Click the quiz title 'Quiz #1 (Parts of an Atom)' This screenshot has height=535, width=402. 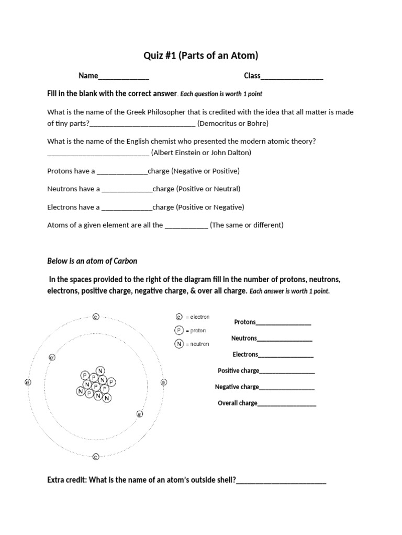pyautogui.click(x=201, y=55)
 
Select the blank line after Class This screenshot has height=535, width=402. pyautogui.click(x=292, y=77)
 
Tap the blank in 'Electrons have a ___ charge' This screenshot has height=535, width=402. pyautogui.click(x=127, y=207)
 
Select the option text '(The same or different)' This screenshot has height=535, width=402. pyautogui.click(x=247, y=225)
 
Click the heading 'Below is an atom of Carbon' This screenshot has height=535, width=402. pyautogui.click(x=92, y=261)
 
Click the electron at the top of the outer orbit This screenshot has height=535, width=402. pyautogui.click(x=95, y=316)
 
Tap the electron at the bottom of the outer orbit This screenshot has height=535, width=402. pyautogui.click(x=95, y=456)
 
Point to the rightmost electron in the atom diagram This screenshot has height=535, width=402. pyautogui.click(x=163, y=382)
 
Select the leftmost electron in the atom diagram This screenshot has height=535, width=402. pyautogui.click(x=28, y=382)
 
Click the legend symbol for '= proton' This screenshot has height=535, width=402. pyautogui.click(x=179, y=330)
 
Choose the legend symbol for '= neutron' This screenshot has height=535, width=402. pyautogui.click(x=179, y=344)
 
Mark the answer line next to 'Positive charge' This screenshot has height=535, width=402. pyautogui.click(x=287, y=371)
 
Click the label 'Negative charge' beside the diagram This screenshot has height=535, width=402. pyautogui.click(x=237, y=387)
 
